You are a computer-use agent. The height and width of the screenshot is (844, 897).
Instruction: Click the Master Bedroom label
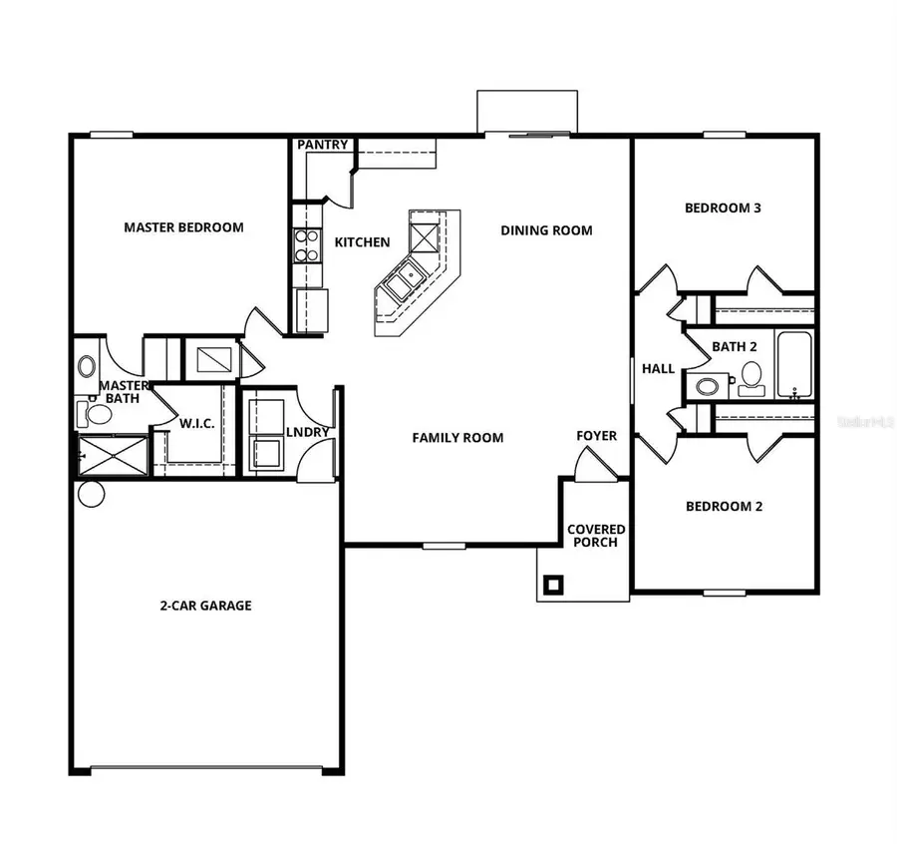[183, 227]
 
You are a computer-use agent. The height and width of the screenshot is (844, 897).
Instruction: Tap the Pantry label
[323, 146]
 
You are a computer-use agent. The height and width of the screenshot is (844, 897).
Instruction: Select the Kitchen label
[362, 242]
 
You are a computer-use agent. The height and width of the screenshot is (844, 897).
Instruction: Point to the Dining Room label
[546, 230]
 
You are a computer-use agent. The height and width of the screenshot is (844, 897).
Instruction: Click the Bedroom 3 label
[723, 209]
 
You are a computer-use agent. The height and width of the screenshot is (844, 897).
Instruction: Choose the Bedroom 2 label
[724, 506]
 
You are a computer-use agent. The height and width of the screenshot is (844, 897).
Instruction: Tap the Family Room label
[457, 437]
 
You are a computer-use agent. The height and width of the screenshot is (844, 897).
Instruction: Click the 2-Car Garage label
[205, 606]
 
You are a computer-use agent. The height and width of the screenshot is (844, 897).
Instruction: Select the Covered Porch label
[596, 536]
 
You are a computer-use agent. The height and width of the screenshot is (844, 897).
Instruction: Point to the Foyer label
[596, 436]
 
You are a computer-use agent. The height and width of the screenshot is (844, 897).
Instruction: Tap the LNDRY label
[307, 432]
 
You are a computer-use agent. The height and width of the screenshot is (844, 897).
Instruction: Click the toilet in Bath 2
[749, 377]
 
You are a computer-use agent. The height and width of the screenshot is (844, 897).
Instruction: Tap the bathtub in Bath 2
[794, 365]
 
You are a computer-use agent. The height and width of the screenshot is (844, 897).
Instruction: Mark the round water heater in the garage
[91, 494]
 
